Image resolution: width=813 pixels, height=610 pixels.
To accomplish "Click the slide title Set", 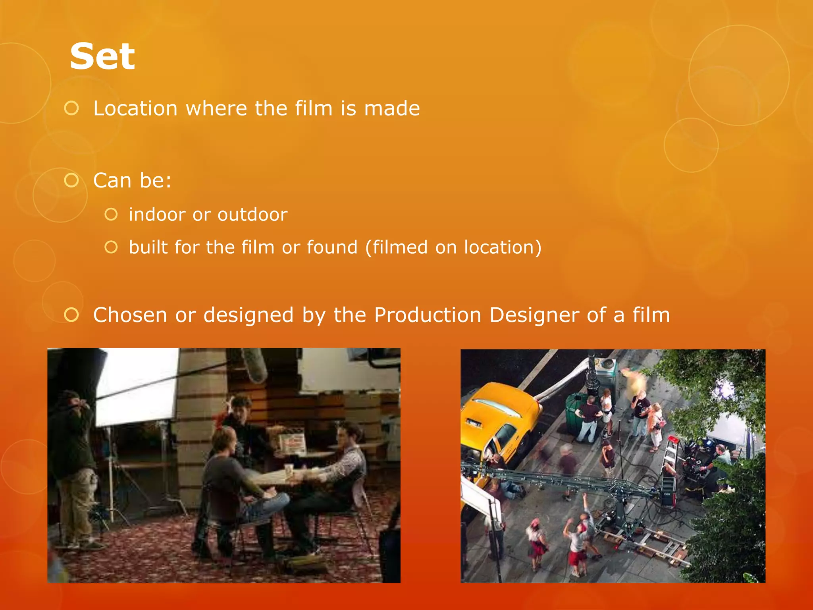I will pyautogui.click(x=102, y=56).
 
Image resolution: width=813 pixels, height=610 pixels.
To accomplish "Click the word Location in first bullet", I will pyautogui.click(x=135, y=108).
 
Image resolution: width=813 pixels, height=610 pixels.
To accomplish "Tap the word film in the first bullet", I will pyautogui.click(x=313, y=108).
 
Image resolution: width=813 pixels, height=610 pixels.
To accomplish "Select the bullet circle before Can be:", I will pyautogui.click(x=71, y=180).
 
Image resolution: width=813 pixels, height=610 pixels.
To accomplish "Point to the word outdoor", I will pyautogui.click(x=252, y=215).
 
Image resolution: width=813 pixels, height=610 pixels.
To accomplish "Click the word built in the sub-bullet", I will pyautogui.click(x=148, y=247).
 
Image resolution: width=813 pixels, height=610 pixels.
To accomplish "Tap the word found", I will pyautogui.click(x=332, y=247).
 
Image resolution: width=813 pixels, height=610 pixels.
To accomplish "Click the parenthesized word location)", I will pyautogui.click(x=503, y=247).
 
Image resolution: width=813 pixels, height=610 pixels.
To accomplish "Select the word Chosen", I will pyautogui.click(x=130, y=315).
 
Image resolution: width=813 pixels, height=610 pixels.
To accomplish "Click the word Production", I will pyautogui.click(x=428, y=315).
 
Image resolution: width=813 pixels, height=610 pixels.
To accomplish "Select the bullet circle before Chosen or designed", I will pyautogui.click(x=71, y=315).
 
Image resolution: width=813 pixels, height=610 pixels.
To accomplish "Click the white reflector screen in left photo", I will pyautogui.click(x=137, y=385).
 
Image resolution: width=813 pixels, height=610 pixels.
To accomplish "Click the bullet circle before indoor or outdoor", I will pyautogui.click(x=111, y=215).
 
